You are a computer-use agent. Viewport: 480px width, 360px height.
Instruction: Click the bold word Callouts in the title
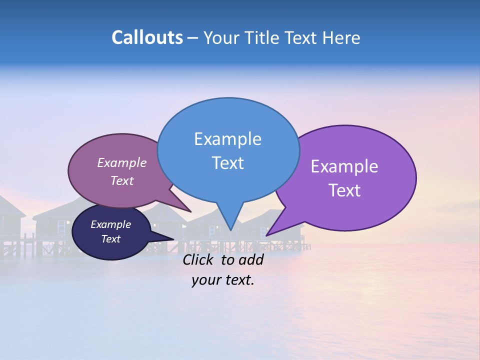point(147,37)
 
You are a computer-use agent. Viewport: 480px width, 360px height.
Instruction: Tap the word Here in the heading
point(341,37)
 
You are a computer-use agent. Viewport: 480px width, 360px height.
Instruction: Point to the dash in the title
point(193,38)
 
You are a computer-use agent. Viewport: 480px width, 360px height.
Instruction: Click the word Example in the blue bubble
point(227,139)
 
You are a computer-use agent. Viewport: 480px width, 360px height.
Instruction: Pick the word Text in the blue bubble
point(227,163)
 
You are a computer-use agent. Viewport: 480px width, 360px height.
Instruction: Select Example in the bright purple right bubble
point(344,166)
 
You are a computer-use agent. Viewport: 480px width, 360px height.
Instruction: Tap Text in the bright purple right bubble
point(344,190)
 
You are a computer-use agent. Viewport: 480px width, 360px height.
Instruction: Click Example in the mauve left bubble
point(121,162)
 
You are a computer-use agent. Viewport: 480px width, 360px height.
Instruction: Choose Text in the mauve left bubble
point(121,180)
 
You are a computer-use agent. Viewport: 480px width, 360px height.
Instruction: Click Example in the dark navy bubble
point(110,224)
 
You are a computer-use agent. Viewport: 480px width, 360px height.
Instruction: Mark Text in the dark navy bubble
point(110,239)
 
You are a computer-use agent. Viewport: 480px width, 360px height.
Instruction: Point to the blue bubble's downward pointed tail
point(230,220)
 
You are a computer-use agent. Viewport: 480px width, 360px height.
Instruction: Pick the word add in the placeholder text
point(251,259)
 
